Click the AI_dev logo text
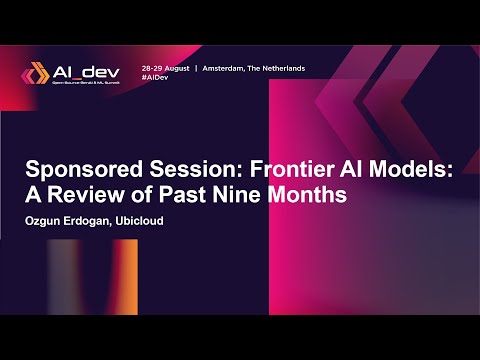click(82, 71)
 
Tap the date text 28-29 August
click(165, 68)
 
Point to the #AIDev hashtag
click(155, 77)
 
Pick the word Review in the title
click(85, 195)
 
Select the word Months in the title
click(310, 195)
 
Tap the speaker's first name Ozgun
click(46, 221)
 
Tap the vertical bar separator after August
click(196, 68)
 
